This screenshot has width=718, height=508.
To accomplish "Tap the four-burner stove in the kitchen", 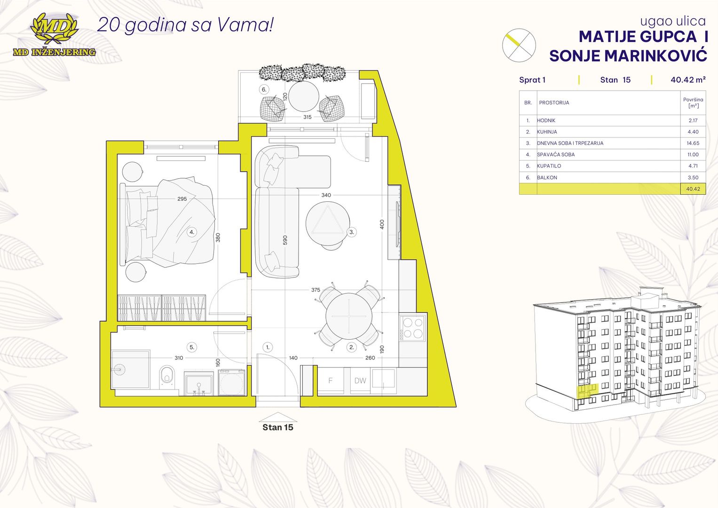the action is tap(413, 328).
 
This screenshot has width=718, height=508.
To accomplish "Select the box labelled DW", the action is tap(360, 381).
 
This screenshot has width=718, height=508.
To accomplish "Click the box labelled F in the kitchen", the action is tap(331, 381).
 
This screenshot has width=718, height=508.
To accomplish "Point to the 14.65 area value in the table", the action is tap(693, 143).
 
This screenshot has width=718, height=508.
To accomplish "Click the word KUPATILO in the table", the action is tap(549, 166).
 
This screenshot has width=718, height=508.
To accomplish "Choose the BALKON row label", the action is tap(547, 177).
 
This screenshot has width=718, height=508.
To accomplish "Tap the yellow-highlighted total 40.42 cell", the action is tap(693, 189).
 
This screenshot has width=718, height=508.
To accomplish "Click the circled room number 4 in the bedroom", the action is tap(192, 232).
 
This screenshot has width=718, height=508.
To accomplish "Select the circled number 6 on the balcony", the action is tap(264, 89).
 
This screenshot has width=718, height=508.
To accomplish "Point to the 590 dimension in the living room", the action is tap(285, 240).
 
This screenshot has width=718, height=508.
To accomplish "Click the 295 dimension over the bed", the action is tap(182, 199).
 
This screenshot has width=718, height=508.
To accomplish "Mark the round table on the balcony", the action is tap(304, 96).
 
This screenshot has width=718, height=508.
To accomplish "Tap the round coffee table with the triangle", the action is tap(328, 223).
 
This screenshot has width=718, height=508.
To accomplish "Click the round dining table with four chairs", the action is tap(349, 316).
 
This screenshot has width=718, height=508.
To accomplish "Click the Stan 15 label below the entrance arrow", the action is tap(277, 427).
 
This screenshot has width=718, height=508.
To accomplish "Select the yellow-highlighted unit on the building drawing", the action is tap(588, 391).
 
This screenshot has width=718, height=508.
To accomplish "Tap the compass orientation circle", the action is tap(519, 45).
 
